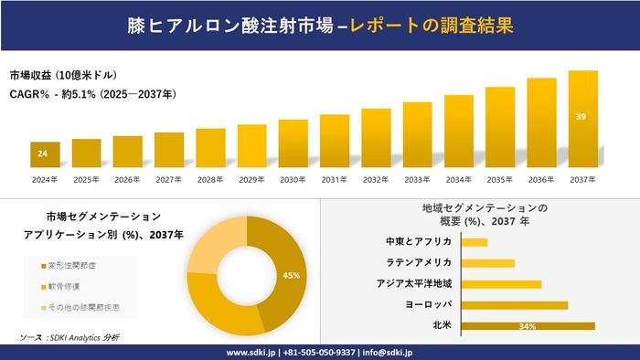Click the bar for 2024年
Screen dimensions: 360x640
click(45, 155)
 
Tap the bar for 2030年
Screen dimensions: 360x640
click(293, 143)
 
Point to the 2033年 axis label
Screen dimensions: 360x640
click(417, 179)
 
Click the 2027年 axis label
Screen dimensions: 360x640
click(169, 179)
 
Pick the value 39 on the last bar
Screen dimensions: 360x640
click(582, 117)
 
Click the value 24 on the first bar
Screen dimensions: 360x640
click(42, 153)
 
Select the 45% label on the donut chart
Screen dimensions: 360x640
click(292, 275)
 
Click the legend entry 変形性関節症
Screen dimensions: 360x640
click(81, 265)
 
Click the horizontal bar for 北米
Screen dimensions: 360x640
click(528, 325)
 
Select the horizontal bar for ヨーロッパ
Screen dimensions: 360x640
click(515, 304)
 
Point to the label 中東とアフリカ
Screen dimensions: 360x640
click(419, 242)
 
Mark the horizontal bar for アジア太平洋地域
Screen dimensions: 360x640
click(501, 283)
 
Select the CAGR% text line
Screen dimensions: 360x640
click(92, 94)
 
